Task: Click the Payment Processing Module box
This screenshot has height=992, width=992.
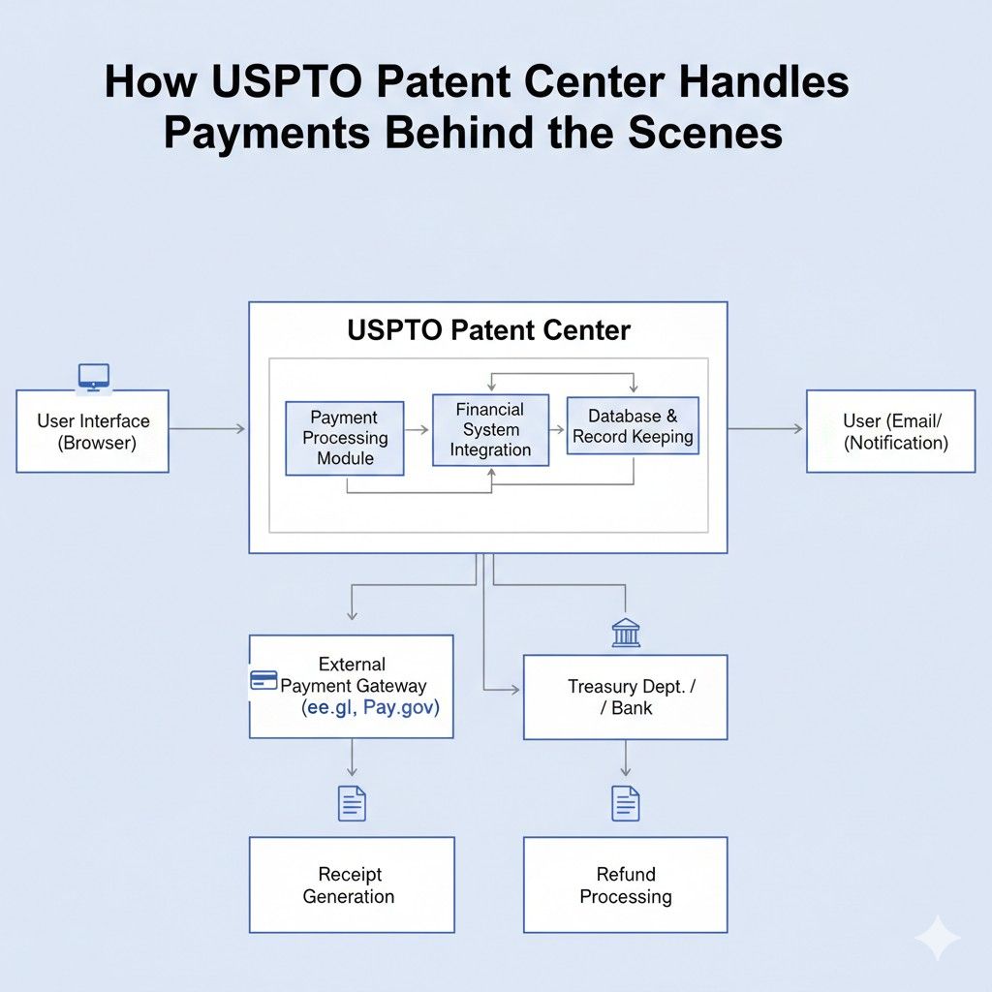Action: point(344,438)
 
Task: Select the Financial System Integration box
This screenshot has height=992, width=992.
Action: point(490,429)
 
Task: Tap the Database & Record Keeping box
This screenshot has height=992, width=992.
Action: point(633,426)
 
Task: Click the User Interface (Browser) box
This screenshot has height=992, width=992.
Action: point(93,432)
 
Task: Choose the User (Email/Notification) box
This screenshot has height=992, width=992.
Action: point(890,431)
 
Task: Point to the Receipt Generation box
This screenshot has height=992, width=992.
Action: point(351,885)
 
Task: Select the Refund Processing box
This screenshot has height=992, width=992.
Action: point(625,885)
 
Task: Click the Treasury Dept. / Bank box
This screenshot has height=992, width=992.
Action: point(625,697)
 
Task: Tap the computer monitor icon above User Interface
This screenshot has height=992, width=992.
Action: point(93,376)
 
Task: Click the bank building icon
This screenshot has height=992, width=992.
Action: point(626,633)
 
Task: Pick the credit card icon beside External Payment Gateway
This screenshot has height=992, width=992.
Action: point(263,680)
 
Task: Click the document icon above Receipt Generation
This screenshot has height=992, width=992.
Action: point(352,803)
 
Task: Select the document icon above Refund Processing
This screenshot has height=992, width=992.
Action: point(626,803)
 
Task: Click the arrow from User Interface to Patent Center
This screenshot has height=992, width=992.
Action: point(207,428)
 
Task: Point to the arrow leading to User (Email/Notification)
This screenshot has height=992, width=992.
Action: point(765,428)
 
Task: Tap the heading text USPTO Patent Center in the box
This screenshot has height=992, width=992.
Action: point(488,330)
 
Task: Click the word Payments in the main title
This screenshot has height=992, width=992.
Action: point(265,132)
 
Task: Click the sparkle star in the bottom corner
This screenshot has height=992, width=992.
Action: point(937,938)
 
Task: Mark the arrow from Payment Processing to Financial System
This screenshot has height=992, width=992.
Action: point(418,429)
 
